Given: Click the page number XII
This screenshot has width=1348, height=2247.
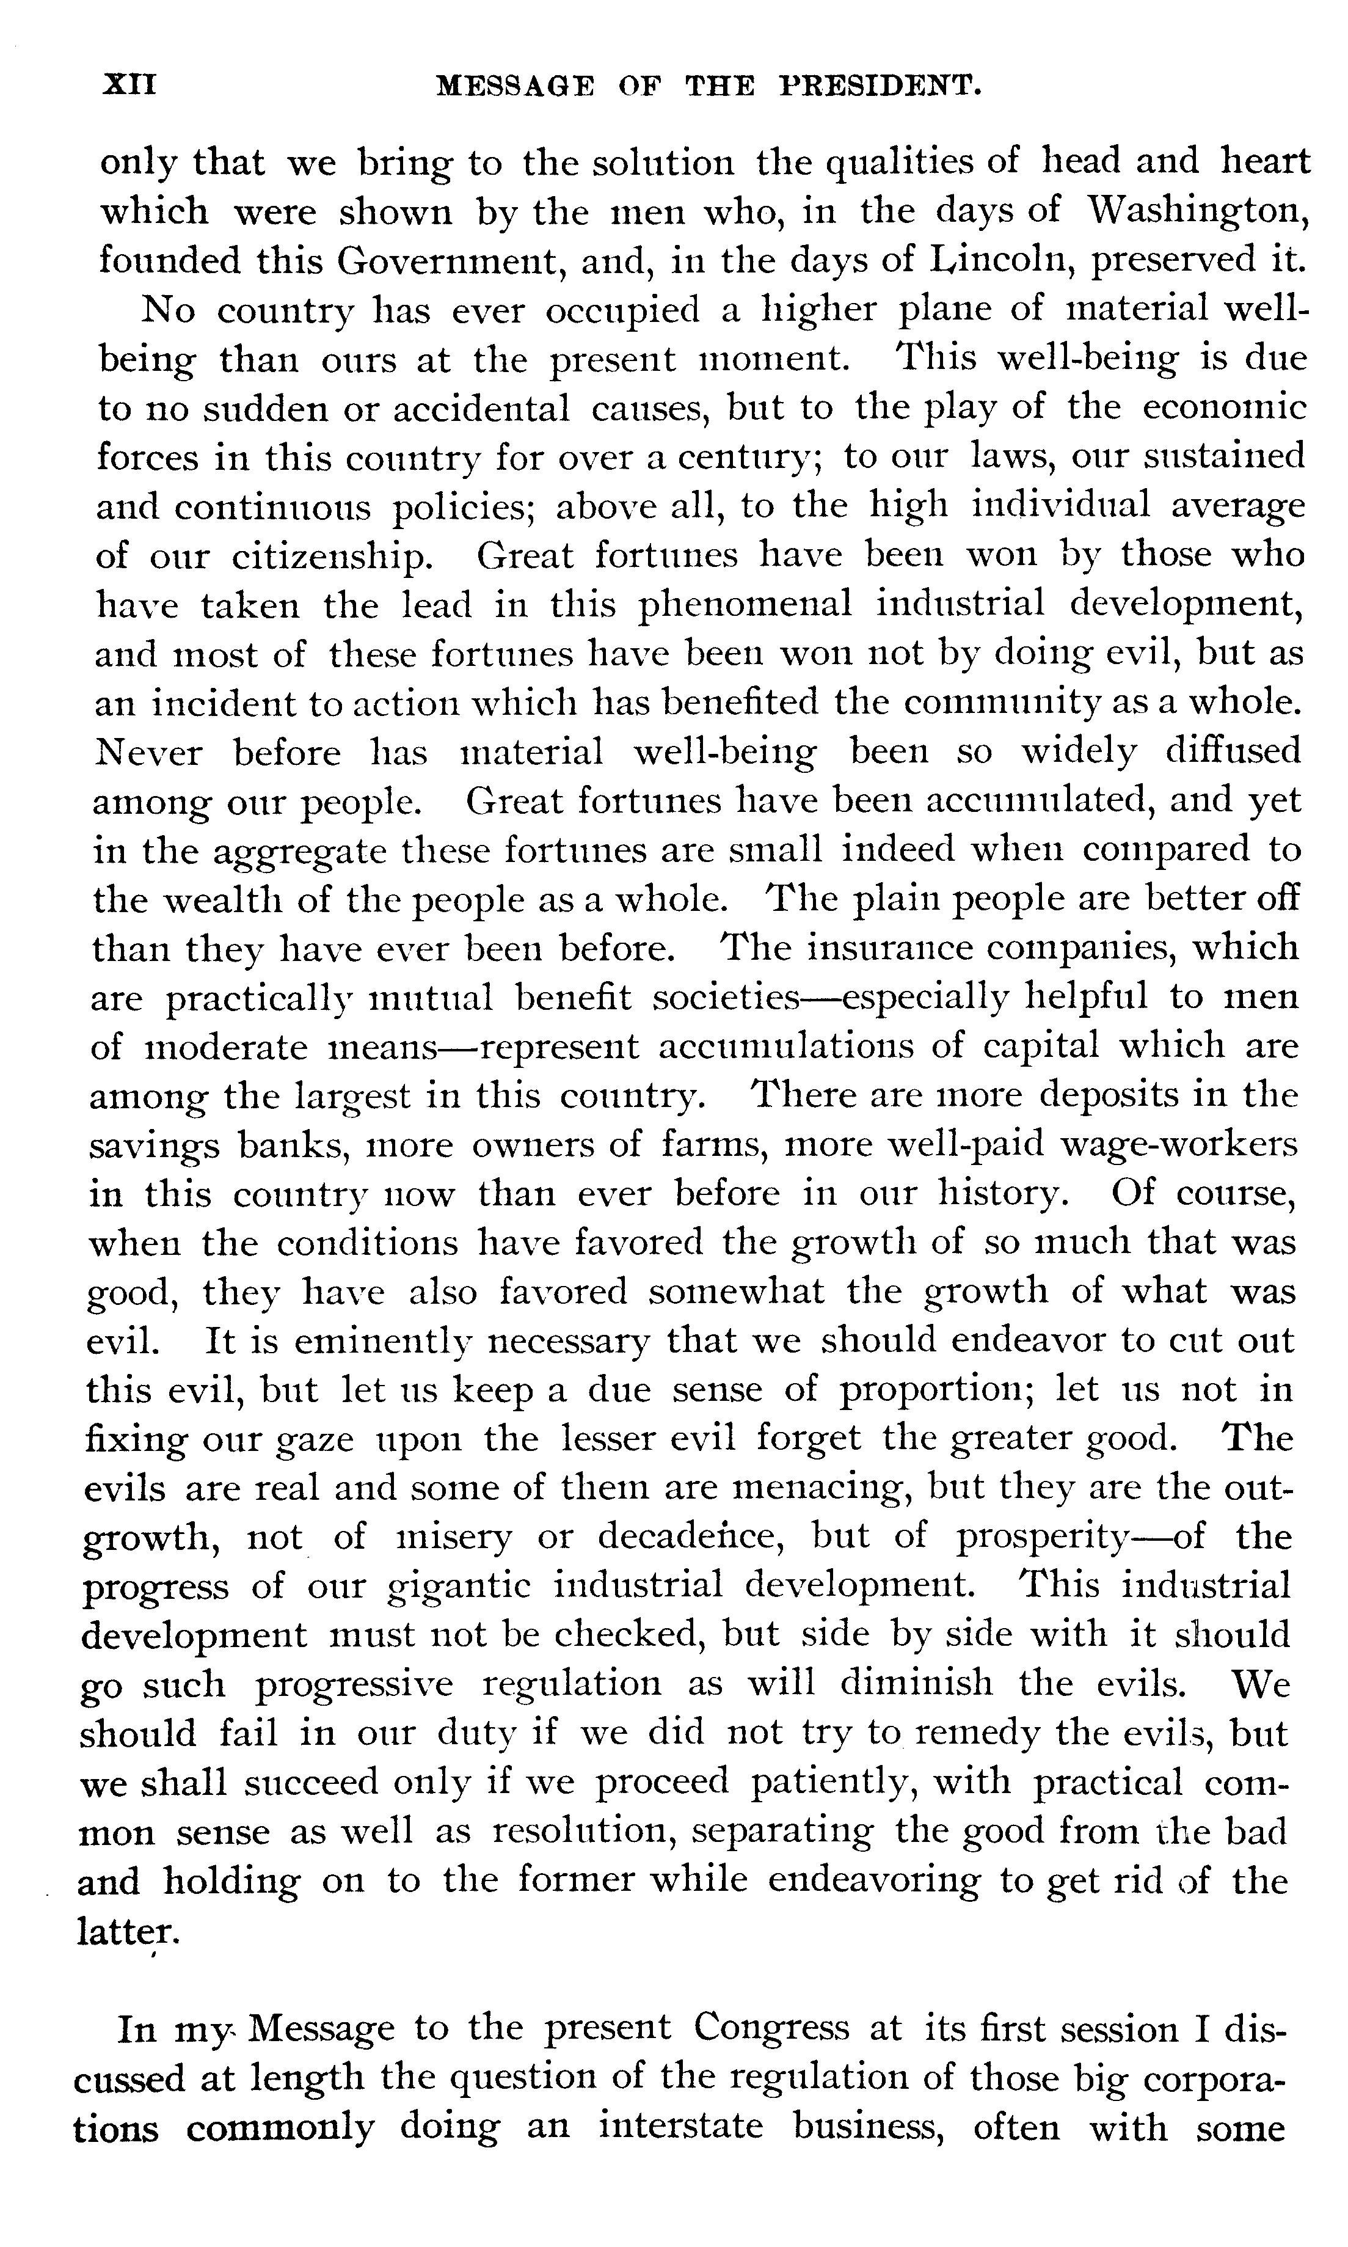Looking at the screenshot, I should (x=131, y=86).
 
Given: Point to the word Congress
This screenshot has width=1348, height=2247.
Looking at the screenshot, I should (x=772, y=2029).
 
